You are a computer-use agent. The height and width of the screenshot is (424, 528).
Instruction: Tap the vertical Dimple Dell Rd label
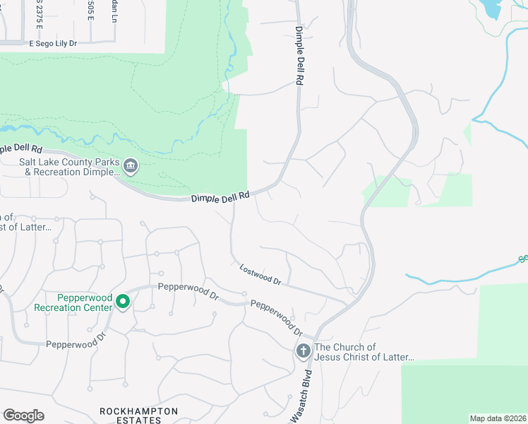(299, 57)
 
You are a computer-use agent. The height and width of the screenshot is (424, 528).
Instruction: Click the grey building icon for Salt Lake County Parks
(131, 167)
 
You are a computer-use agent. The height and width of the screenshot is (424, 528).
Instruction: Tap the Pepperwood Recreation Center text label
(73, 302)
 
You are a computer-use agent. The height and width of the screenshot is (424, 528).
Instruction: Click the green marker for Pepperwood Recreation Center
(123, 302)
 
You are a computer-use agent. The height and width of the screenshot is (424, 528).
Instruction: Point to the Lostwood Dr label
(260, 275)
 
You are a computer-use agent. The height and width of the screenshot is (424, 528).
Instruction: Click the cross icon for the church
(303, 351)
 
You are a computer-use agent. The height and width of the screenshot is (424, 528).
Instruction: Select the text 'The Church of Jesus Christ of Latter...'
(364, 352)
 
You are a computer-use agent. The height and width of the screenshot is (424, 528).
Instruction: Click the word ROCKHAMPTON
(139, 411)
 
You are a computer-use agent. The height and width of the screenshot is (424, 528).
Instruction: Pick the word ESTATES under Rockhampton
(139, 420)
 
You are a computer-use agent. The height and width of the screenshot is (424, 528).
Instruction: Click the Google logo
(23, 415)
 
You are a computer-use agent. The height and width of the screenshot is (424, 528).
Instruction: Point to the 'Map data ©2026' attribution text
(498, 418)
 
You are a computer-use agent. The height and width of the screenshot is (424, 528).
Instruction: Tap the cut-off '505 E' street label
(90, 10)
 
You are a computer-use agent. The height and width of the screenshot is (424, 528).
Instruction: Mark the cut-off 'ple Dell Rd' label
(21, 149)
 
